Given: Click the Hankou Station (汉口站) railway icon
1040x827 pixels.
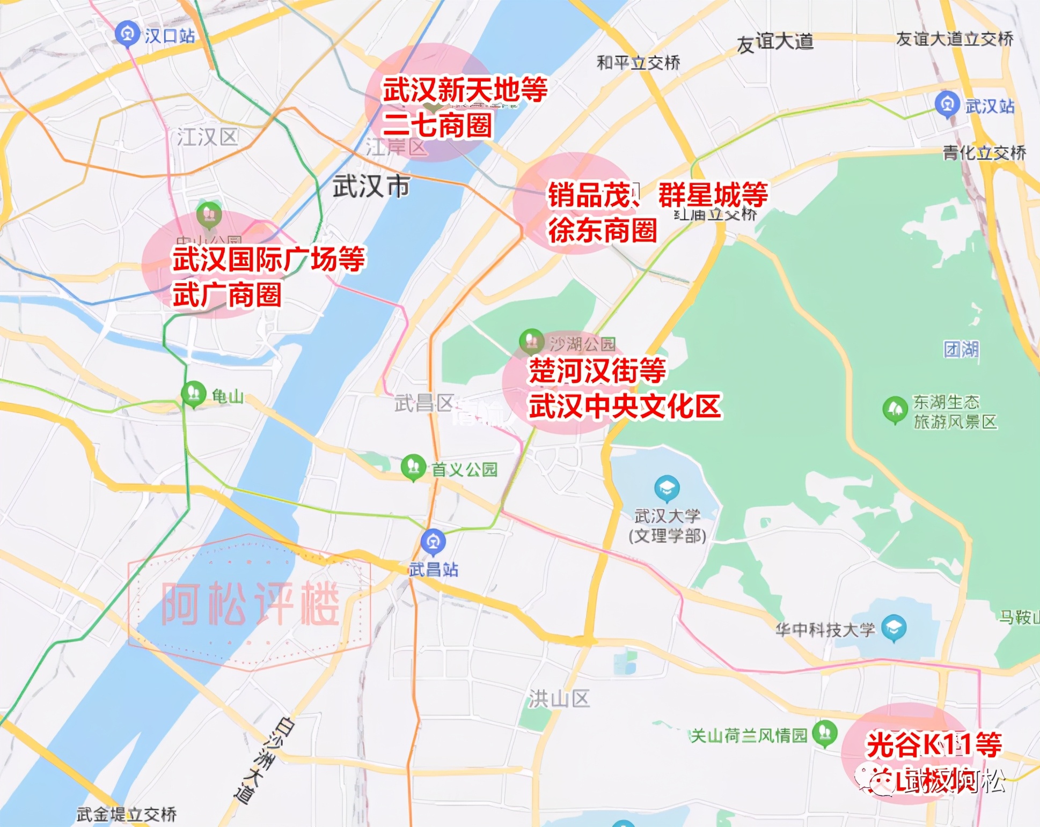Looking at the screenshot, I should (x=127, y=34).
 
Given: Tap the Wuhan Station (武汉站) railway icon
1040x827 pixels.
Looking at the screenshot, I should (x=947, y=104).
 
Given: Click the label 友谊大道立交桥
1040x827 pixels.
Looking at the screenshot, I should (x=955, y=39).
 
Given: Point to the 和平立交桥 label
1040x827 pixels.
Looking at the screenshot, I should (x=639, y=63).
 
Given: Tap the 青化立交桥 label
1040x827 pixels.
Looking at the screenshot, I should (x=984, y=153).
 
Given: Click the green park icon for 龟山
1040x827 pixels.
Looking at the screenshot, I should (x=194, y=394).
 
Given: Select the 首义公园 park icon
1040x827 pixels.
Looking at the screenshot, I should (x=413, y=467).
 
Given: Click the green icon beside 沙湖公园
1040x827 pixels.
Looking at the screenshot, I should (x=532, y=341).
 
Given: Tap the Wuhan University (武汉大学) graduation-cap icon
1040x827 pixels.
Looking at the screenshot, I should (x=667, y=488).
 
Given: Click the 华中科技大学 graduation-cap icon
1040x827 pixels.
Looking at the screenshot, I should (x=893, y=627).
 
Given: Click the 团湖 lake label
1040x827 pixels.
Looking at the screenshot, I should (x=961, y=349).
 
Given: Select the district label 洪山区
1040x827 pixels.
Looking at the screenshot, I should (x=559, y=698).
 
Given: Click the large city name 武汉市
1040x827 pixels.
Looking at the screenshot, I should (x=371, y=186).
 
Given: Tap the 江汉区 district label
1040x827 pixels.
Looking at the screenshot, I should (x=208, y=137).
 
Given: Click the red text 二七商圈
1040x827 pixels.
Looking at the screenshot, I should (x=437, y=125).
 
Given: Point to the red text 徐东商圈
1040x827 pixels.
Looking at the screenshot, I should (x=602, y=231).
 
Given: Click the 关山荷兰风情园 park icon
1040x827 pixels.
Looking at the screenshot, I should (x=825, y=733).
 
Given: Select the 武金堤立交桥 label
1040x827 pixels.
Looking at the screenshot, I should (x=127, y=814).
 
